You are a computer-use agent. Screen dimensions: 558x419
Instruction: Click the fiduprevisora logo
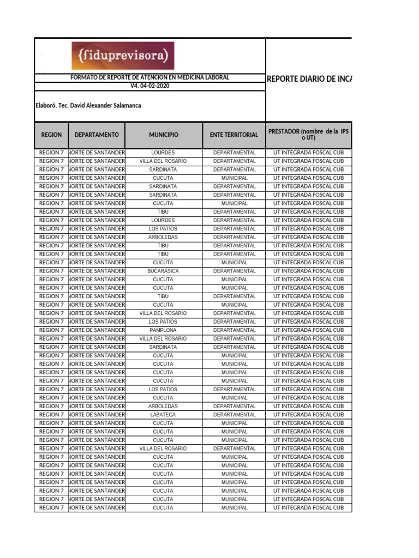[x=123, y=56]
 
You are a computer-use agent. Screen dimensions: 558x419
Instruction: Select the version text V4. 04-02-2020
[x=150, y=86]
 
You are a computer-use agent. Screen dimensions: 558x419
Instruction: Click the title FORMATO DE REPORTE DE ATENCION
[x=150, y=78]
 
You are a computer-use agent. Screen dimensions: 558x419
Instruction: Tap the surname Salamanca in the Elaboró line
[x=125, y=106]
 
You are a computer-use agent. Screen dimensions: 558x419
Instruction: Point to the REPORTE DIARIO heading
[x=309, y=79]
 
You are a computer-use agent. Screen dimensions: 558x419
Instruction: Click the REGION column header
[x=51, y=135]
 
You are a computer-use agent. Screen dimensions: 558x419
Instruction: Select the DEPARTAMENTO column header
[x=97, y=135]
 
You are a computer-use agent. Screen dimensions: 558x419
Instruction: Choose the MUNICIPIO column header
[x=163, y=135]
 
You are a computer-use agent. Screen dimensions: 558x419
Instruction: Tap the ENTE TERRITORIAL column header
[x=234, y=135]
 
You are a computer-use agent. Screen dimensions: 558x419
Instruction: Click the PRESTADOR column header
[x=308, y=134]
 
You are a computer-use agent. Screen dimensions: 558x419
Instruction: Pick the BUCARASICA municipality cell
[x=163, y=271]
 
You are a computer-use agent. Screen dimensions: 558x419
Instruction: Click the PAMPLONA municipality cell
[x=163, y=330]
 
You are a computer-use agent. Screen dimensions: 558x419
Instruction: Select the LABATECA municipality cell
[x=163, y=415]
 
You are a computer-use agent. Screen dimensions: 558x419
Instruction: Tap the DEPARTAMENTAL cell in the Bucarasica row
[x=234, y=271]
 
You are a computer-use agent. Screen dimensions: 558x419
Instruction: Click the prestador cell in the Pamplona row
[x=308, y=330]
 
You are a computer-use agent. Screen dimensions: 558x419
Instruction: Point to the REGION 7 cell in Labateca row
[x=51, y=415]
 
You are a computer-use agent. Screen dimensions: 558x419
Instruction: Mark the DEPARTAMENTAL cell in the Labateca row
[x=234, y=415]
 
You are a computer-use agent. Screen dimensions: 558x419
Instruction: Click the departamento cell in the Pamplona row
[x=97, y=330]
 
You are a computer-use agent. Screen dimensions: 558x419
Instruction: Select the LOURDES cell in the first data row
[x=163, y=153]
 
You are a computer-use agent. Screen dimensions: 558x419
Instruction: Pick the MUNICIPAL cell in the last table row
[x=234, y=508]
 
